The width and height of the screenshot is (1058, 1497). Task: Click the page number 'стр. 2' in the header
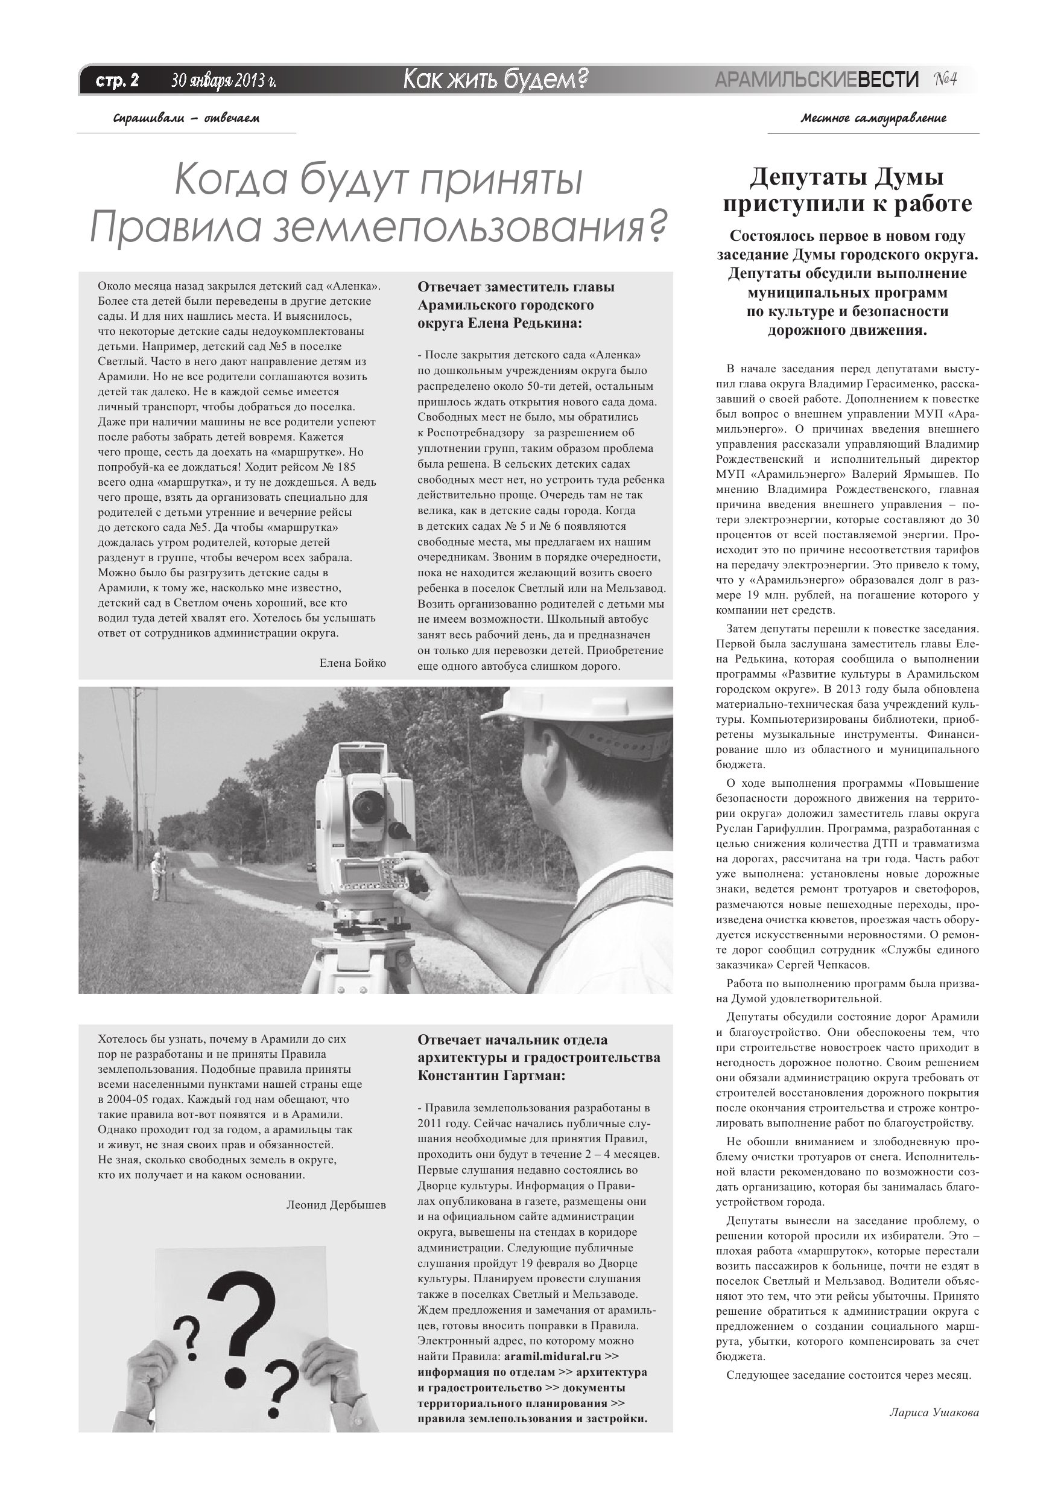pyautogui.click(x=118, y=81)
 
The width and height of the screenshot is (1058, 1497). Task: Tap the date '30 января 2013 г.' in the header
pyautogui.click(x=223, y=81)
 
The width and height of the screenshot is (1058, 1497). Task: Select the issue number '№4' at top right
pyautogui.click(x=945, y=80)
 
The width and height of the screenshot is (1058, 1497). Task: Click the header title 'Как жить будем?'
pyautogui.click(x=495, y=80)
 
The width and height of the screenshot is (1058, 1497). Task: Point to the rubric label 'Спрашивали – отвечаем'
pyautogui.click(x=186, y=119)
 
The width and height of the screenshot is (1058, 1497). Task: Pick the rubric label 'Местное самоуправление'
pyautogui.click(x=873, y=119)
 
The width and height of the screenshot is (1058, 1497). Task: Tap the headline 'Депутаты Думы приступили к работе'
pyautogui.click(x=847, y=191)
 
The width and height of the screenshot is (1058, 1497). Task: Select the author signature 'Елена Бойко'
pyautogui.click(x=353, y=663)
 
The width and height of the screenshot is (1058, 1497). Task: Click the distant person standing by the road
pyautogui.click(x=155, y=876)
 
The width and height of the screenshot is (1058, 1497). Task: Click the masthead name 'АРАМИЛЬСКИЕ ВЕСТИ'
pyautogui.click(x=816, y=80)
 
